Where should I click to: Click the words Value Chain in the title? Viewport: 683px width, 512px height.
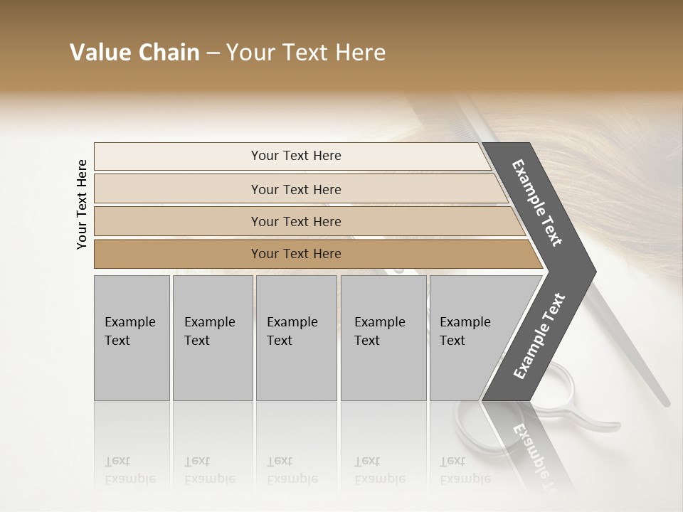[x=134, y=53]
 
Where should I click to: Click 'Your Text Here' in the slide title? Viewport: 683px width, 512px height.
[x=306, y=53]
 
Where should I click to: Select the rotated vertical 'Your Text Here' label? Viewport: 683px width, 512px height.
[x=82, y=204]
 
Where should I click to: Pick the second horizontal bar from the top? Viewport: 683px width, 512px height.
[x=296, y=189]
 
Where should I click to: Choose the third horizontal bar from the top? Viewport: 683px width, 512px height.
[x=296, y=221]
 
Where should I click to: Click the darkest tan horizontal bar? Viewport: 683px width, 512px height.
[x=296, y=254]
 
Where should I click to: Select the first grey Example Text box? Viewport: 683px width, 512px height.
[x=132, y=338]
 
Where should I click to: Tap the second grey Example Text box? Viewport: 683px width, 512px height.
[x=212, y=338]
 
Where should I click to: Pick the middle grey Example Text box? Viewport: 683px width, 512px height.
[x=296, y=338]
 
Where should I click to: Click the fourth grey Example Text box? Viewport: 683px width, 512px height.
[x=383, y=338]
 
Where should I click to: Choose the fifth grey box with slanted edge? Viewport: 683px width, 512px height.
[x=470, y=338]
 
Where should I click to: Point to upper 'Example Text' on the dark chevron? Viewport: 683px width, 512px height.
[x=537, y=203]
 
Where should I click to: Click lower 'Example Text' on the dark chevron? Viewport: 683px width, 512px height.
[x=539, y=336]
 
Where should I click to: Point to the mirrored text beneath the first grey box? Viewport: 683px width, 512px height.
[x=129, y=470]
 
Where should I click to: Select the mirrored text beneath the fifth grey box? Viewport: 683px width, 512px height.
[x=465, y=470]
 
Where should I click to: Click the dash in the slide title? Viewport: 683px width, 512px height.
[x=212, y=53]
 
